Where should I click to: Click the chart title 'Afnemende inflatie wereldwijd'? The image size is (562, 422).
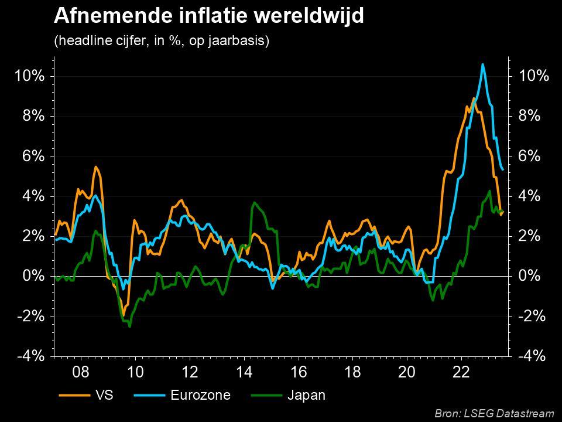(x=208, y=16)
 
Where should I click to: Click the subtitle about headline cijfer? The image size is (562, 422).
(x=161, y=42)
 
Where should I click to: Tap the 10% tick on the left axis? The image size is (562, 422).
(x=30, y=76)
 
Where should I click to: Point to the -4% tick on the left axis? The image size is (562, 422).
(x=30, y=356)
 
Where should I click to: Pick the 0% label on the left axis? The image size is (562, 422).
(x=33, y=276)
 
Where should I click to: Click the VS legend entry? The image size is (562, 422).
(x=103, y=395)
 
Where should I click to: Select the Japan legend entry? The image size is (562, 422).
(x=306, y=395)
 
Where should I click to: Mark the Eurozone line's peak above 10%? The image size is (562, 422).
(x=482, y=64)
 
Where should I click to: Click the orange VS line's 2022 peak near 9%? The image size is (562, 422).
(x=473, y=98)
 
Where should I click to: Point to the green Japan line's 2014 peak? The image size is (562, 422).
(x=253, y=203)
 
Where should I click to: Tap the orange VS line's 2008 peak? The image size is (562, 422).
(x=95, y=167)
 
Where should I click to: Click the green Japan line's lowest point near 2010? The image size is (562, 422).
(x=129, y=326)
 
